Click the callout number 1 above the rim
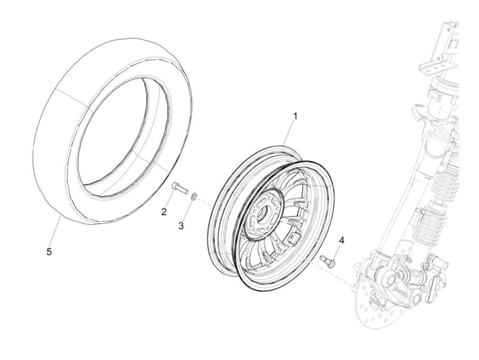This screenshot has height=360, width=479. [x=295, y=116]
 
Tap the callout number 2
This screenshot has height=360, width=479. [x=164, y=212]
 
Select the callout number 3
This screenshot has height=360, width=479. [x=181, y=226]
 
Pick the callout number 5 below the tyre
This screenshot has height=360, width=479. [x=49, y=252]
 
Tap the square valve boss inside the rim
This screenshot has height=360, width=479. [x=294, y=237]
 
